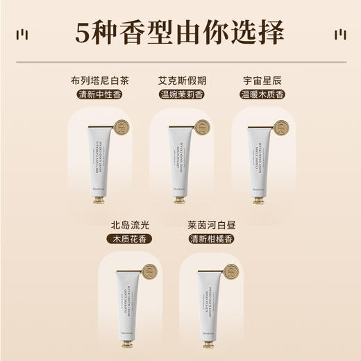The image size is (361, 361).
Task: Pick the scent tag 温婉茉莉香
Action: click(180, 94)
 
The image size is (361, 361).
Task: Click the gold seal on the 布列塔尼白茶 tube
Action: click(121, 129)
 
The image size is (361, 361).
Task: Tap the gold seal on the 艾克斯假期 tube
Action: click(202, 128)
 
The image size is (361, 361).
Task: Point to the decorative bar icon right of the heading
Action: click(339, 34)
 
